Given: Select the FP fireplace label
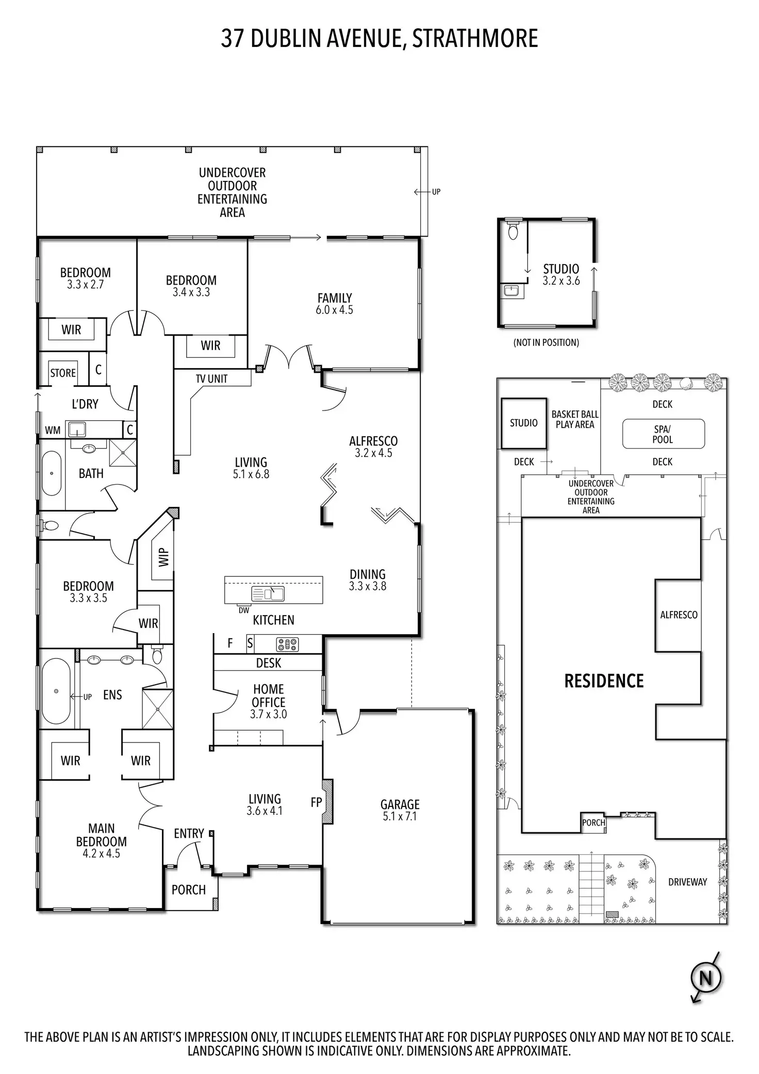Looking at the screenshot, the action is pos(316,802).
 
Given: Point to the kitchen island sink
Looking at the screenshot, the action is pos(268,594).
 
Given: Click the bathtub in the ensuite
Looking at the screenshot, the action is pos(56,691).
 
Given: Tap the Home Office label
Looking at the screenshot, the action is pos(269,696).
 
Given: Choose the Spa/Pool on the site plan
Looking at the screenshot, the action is pos(663,434).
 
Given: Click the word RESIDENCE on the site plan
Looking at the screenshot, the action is pos(604,681).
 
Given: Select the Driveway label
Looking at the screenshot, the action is pos(687,882).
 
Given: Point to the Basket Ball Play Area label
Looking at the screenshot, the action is pos(575,419).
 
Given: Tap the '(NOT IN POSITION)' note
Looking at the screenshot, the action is pos(546,342).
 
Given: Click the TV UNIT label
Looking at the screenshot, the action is pos(211,379).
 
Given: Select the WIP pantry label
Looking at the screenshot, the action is pos(163,557).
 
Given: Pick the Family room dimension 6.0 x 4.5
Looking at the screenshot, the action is pos(335,310).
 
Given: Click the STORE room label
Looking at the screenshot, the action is pos(63,373).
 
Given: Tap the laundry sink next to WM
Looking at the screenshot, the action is pos(77,428).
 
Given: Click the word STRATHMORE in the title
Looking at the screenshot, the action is pos(475,39).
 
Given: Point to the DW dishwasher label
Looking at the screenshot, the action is pos(244,610).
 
